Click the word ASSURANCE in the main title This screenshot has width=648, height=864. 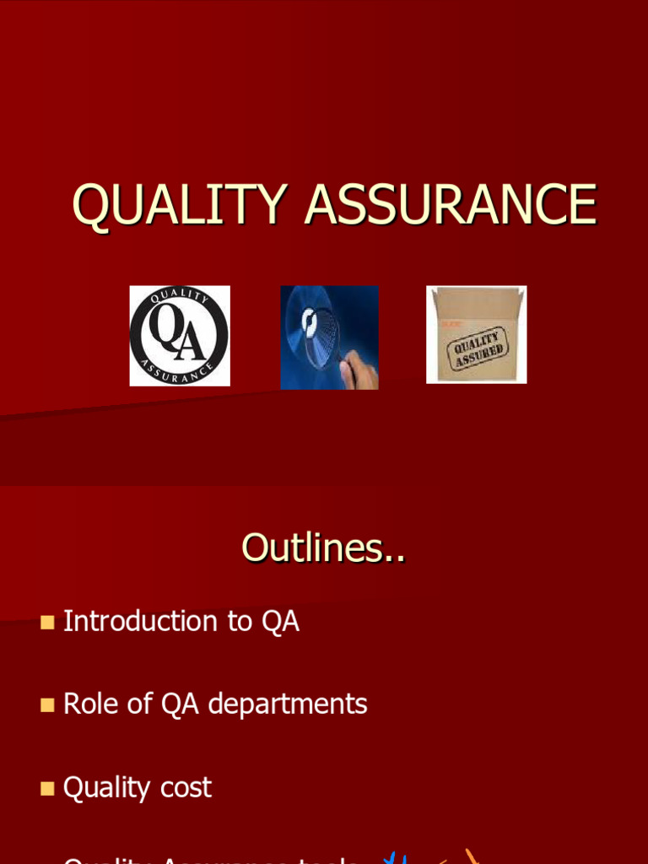click(451, 204)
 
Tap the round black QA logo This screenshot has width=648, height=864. click(179, 336)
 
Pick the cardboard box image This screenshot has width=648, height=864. click(477, 335)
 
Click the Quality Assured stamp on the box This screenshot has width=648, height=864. click(479, 347)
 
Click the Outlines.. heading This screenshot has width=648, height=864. click(323, 548)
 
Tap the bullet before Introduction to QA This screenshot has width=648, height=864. click(47, 623)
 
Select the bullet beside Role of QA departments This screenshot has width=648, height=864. click(47, 705)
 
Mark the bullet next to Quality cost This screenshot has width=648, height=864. click(47, 789)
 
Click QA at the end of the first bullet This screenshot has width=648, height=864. click(280, 622)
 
